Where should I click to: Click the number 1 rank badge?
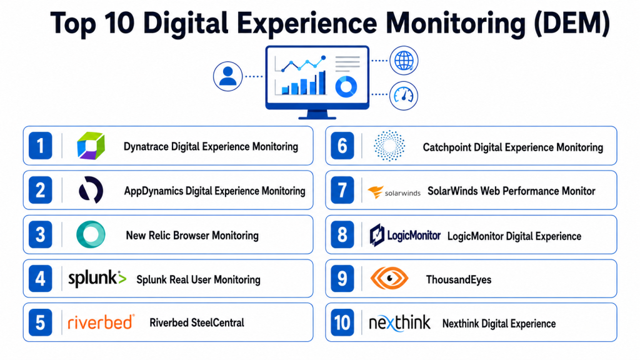coord(41,146)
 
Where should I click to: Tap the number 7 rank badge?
coord(342,190)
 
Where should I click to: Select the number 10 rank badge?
coord(342,322)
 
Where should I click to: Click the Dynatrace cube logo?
coord(91,146)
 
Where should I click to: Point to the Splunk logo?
coord(97,279)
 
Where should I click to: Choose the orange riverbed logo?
coord(101,322)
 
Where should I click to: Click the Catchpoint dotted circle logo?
coord(389,146)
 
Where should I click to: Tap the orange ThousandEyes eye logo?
coord(389,278)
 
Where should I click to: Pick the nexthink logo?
coord(399,322)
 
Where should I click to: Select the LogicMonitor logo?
coord(405,235)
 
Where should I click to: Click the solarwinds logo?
coord(394,192)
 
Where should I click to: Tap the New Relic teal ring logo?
coord(91,234)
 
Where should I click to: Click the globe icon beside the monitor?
coord(404,61)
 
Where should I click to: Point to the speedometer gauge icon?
coord(404,96)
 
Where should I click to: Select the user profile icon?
coord(227,76)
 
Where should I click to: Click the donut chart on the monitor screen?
coord(346,86)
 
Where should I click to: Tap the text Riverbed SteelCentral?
coord(197,323)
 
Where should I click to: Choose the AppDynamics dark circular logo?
coord(91,190)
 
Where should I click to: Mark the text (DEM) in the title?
coord(572,23)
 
